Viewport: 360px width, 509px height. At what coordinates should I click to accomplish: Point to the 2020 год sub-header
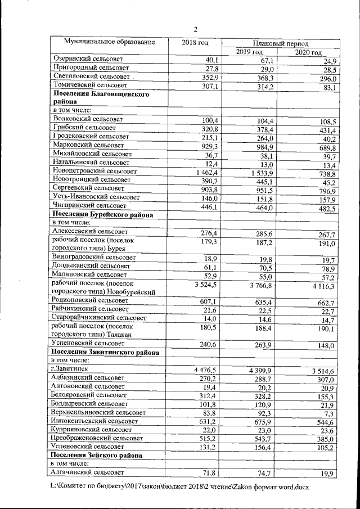coord(309,52)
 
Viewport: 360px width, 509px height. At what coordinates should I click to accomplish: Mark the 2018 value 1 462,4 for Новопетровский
coord(205,171)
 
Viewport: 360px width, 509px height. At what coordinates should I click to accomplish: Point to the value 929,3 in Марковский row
coord(208,146)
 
